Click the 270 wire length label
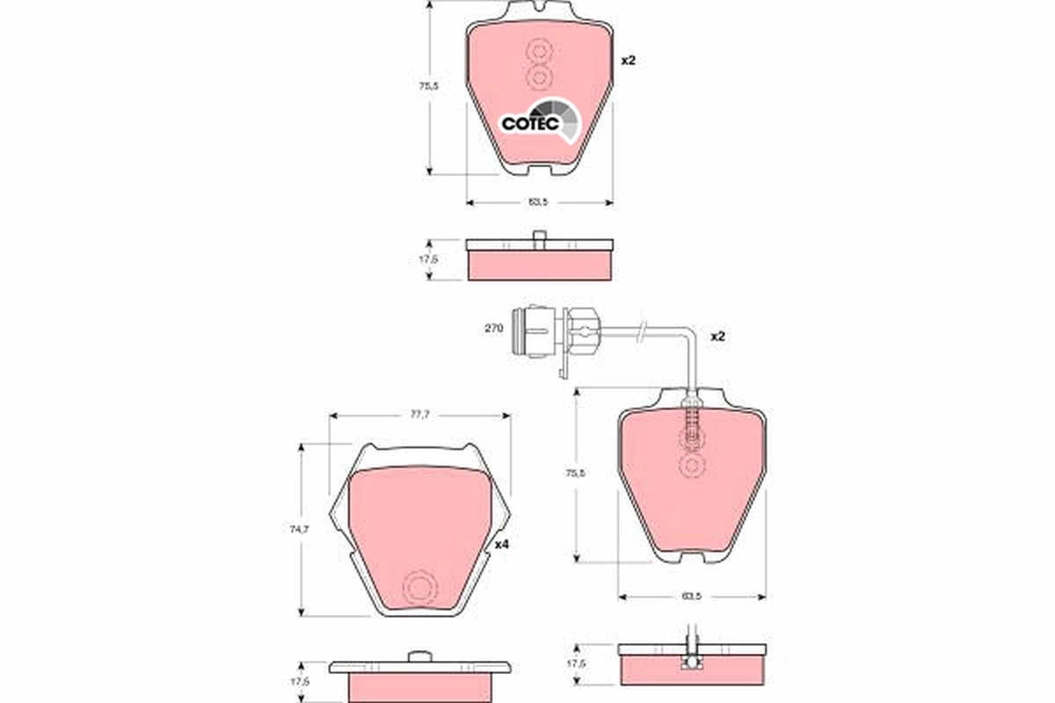coord(493,328)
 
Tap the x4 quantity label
coord(502,545)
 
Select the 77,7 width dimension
coord(419,415)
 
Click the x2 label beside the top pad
coord(628,61)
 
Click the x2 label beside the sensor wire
coord(717,337)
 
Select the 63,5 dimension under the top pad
coord(539,202)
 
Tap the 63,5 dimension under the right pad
coord(691,597)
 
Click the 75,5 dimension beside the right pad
coord(575,473)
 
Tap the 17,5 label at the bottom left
coord(302,682)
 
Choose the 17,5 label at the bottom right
coord(575,664)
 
